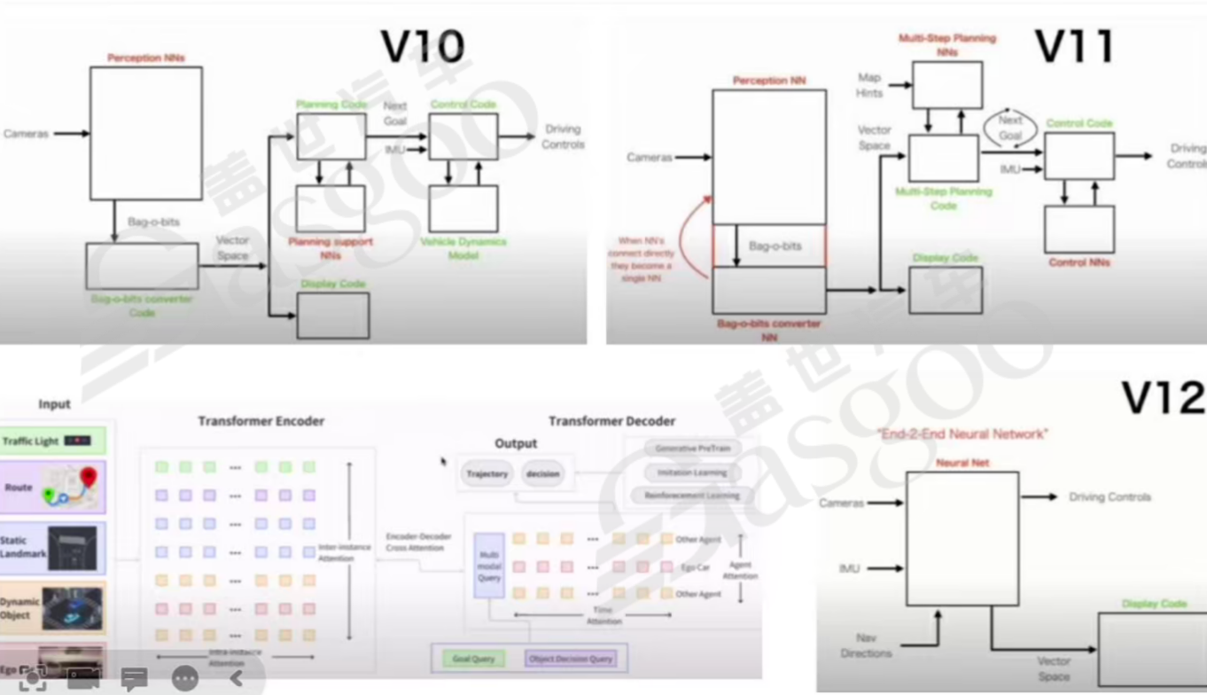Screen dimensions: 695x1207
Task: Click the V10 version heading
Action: click(423, 46)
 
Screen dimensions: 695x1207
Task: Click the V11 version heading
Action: click(1073, 45)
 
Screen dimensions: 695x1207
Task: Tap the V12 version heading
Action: click(1162, 398)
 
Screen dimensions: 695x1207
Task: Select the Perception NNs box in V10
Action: click(145, 133)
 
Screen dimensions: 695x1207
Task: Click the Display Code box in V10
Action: click(332, 315)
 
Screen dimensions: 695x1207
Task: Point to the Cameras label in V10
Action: click(26, 134)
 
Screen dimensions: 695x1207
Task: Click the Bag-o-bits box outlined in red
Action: click(768, 246)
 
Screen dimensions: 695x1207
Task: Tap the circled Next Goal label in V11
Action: click(1009, 127)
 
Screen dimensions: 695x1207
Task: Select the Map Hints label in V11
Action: click(868, 85)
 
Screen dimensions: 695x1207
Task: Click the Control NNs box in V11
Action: click(1079, 229)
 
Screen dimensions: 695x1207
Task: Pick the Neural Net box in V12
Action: click(962, 538)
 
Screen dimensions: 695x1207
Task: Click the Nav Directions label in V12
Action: click(866, 645)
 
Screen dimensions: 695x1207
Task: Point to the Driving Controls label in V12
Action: click(1110, 497)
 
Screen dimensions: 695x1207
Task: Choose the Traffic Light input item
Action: click(53, 441)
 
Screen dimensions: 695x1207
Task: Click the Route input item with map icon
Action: click(53, 487)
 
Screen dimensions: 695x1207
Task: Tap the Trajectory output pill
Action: click(487, 473)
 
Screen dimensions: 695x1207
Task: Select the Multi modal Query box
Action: click(488, 566)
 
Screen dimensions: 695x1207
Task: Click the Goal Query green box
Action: click(473, 659)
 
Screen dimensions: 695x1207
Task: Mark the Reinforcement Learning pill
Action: click(691, 496)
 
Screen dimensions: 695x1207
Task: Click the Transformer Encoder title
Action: click(261, 421)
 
